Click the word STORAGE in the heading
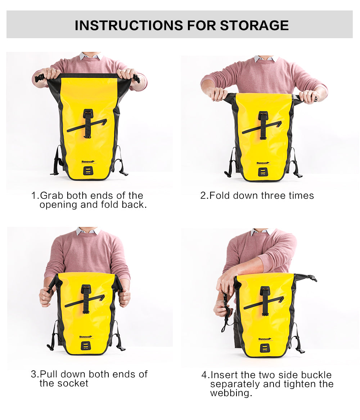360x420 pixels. point(254,25)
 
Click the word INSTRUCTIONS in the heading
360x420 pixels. point(129,25)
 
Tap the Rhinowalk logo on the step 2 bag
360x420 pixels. point(264,163)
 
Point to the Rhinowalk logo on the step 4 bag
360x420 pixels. point(265,339)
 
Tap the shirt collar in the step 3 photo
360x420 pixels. point(87,231)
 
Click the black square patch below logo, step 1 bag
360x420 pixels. point(88,170)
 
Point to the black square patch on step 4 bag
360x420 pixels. point(265,348)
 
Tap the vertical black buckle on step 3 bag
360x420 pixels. point(86,297)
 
